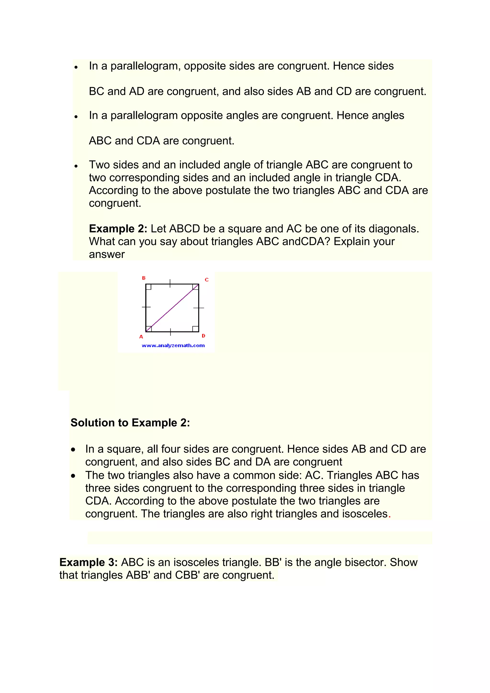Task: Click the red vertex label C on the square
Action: tap(207, 280)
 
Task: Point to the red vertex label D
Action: tap(203, 336)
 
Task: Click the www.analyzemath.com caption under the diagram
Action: tap(173, 346)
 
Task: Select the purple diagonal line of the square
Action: tap(172, 308)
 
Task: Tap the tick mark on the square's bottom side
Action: tap(171, 332)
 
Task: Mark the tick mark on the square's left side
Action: tap(146, 307)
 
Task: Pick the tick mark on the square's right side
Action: tap(199, 308)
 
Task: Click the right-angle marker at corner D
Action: tap(195, 329)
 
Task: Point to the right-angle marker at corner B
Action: tap(148, 287)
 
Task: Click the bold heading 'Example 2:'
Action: tap(118, 229)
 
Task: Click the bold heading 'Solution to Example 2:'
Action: tap(130, 423)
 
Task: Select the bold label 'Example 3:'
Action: tap(88, 562)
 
